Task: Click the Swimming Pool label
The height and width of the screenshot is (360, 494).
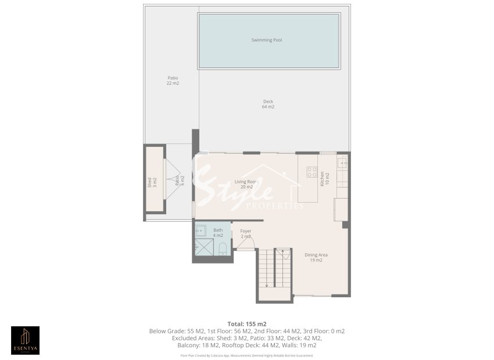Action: click(266, 40)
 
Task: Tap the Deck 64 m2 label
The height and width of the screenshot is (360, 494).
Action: click(268, 105)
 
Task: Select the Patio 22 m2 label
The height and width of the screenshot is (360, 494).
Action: click(173, 81)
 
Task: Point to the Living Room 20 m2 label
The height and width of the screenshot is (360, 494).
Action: click(246, 184)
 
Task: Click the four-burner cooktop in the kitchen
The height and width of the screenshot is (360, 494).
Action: click(312, 172)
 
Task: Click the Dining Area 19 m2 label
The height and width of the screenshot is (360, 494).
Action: click(316, 257)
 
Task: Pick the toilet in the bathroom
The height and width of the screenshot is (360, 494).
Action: click(223, 249)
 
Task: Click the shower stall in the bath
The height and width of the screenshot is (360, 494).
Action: click(203, 246)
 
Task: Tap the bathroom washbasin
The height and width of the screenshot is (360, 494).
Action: click(201, 229)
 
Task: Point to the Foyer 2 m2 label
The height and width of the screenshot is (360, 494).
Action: click(246, 233)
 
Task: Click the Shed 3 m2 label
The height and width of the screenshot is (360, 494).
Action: click(152, 183)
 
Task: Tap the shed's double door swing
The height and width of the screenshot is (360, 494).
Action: click(172, 180)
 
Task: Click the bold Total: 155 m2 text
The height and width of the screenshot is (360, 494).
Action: click(246, 323)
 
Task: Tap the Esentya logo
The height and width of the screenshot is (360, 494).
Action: click(26, 340)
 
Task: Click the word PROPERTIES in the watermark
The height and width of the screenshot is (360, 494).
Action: click(275, 206)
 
